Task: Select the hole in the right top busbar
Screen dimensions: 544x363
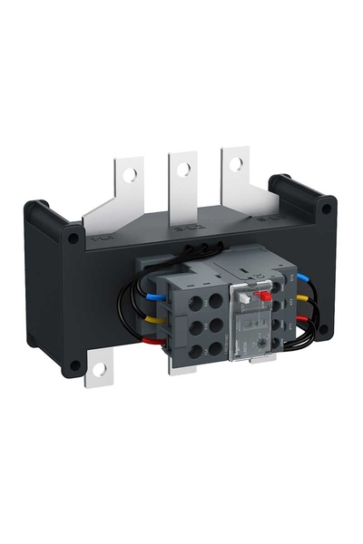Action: [236, 164]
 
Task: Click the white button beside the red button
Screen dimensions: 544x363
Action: [245, 296]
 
